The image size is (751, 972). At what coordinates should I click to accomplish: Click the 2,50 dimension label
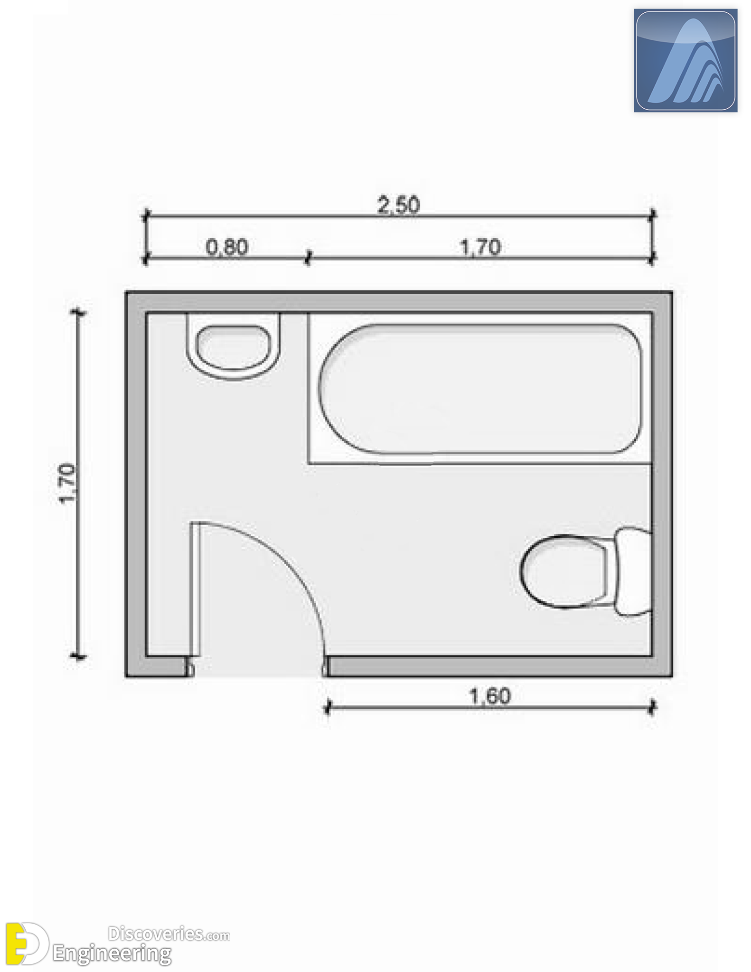click(x=399, y=206)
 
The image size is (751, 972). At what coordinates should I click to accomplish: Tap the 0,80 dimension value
click(x=227, y=247)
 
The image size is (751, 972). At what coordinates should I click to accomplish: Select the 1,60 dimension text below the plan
click(x=490, y=696)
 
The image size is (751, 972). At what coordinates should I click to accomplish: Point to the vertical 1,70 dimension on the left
click(x=67, y=483)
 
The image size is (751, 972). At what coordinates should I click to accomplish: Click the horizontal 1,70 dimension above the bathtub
click(x=481, y=247)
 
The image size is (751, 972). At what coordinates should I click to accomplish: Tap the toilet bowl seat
click(x=564, y=572)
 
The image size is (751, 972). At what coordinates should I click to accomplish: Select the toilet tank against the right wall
click(x=633, y=571)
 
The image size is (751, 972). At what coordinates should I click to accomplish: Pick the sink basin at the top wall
click(x=234, y=347)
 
